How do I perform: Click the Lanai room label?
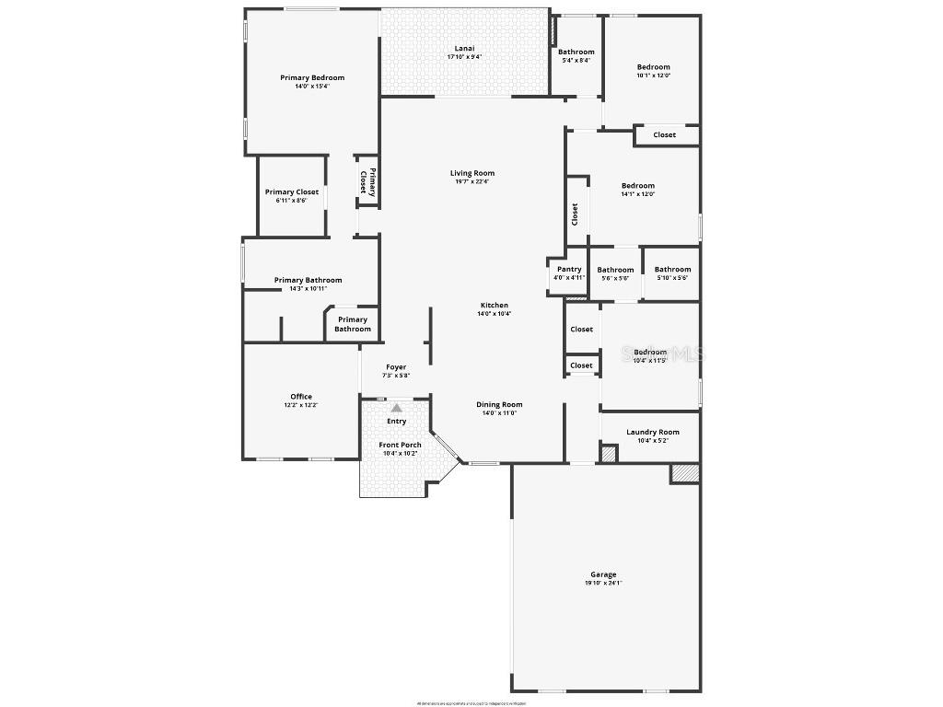[464, 49]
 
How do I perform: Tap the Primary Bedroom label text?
[312, 78]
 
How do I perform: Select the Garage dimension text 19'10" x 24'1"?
[603, 583]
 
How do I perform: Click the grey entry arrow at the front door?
[396, 407]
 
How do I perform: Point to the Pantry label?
[569, 270]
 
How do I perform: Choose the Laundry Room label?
[652, 433]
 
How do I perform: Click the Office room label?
[301, 397]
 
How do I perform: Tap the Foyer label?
[396, 367]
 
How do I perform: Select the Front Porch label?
[401, 445]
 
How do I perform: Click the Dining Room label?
[499, 404]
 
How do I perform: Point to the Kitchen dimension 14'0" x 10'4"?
[494, 314]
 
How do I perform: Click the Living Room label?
[472, 173]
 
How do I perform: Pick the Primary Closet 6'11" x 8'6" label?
[292, 192]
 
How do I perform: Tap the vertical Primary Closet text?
[367, 180]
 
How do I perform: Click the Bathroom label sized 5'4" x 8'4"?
[576, 52]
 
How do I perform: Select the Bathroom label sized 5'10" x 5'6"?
[672, 270]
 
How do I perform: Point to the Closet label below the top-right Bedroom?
[664, 135]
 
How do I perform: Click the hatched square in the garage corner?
[684, 473]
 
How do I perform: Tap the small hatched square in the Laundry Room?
[608, 453]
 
